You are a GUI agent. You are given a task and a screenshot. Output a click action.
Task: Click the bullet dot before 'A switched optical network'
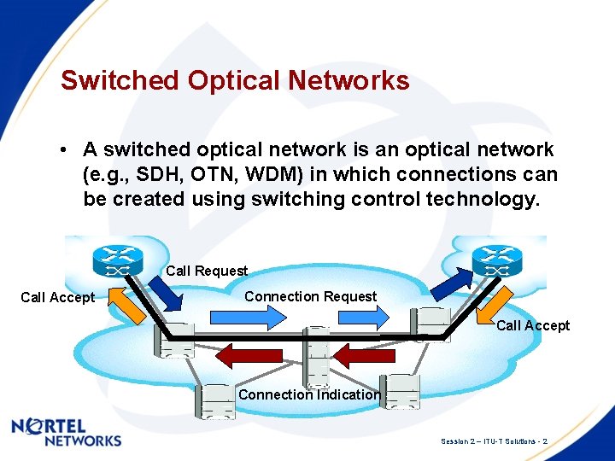coord(64,150)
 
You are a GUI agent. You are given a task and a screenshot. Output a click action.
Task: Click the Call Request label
coord(207,271)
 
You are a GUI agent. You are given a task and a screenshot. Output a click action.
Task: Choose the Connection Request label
coord(310,296)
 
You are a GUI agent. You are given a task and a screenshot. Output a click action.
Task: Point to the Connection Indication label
coord(309,394)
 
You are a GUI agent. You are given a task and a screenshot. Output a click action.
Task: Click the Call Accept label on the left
coord(57,297)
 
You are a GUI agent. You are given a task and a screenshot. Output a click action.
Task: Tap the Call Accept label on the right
coord(533,325)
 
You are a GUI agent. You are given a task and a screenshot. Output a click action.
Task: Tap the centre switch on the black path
coord(317,356)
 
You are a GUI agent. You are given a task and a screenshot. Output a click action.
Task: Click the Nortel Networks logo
coord(67,432)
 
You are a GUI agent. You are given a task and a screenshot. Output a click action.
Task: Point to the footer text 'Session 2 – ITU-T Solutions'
coord(493,441)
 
